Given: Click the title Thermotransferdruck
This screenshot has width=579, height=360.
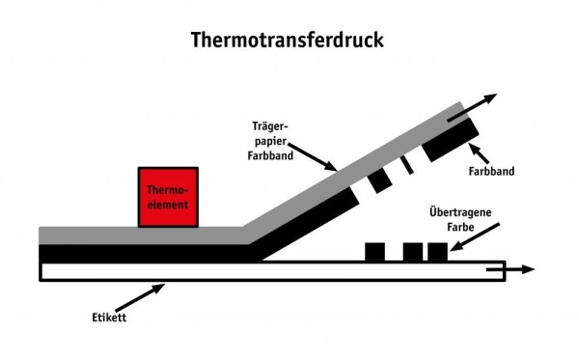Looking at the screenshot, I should click(x=289, y=40).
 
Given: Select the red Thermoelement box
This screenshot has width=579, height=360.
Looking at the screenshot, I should click(x=168, y=197).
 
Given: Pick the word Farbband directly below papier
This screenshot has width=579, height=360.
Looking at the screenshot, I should click(x=272, y=152).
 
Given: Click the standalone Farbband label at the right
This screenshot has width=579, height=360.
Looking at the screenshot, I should click(x=491, y=172).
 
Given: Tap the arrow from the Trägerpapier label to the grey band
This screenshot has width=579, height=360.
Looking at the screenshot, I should click(x=314, y=156).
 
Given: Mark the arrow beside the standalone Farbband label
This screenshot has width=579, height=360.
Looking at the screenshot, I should click(x=480, y=152).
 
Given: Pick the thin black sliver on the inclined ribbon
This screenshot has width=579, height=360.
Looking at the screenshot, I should click(x=407, y=164).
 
